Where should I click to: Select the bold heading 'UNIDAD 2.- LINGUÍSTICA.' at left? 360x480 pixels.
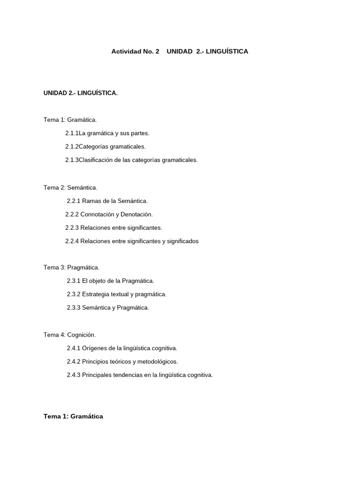click(x=81, y=93)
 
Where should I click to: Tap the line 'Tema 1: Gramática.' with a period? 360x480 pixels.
click(x=70, y=120)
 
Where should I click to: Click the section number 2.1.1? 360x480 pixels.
click(x=72, y=133)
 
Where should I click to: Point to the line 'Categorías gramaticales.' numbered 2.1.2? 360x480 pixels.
click(x=112, y=147)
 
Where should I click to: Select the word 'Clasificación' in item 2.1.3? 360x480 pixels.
click(x=96, y=160)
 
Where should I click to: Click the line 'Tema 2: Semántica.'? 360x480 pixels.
click(x=71, y=187)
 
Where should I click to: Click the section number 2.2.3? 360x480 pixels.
click(x=72, y=228)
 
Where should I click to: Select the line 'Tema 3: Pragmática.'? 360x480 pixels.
click(x=72, y=267)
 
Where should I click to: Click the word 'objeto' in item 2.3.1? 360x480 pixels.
click(x=97, y=281)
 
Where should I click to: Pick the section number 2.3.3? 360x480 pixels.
click(x=74, y=307)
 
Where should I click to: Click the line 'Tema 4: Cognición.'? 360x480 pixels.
click(x=70, y=335)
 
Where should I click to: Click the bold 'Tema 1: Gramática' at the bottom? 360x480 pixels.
click(x=73, y=416)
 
